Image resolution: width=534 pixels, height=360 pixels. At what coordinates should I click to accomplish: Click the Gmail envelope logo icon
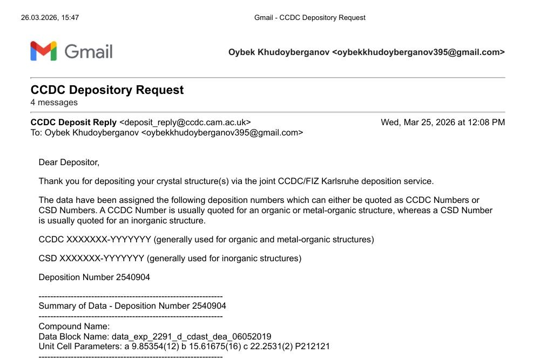[x=44, y=51]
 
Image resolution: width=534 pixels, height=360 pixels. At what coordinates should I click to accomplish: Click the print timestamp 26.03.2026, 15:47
[x=50, y=17]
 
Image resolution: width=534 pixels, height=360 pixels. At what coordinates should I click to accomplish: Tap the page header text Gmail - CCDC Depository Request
[x=309, y=17]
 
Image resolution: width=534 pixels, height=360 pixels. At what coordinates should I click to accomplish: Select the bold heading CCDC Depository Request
[x=107, y=90]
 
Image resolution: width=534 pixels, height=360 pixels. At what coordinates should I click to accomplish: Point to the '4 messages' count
[x=54, y=103]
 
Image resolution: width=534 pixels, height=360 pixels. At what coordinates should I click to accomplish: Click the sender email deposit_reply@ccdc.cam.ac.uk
[x=185, y=123]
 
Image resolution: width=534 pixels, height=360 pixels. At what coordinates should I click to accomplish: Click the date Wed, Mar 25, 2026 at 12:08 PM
[x=443, y=123]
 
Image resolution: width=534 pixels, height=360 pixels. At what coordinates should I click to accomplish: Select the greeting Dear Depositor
[x=69, y=162]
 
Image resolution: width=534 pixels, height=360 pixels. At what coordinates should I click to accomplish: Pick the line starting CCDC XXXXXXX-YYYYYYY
[x=206, y=239]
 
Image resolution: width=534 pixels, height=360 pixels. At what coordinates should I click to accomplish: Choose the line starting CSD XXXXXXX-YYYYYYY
[x=170, y=259]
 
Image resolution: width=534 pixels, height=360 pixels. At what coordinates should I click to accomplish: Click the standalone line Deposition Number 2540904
[x=94, y=277]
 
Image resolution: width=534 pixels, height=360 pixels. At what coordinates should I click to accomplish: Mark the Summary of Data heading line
[x=132, y=305]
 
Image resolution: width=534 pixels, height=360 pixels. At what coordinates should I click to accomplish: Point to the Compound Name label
[x=74, y=327]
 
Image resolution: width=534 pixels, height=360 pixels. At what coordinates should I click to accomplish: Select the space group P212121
[x=314, y=346]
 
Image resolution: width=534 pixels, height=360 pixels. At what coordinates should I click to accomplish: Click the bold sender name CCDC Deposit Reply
[x=73, y=123]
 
